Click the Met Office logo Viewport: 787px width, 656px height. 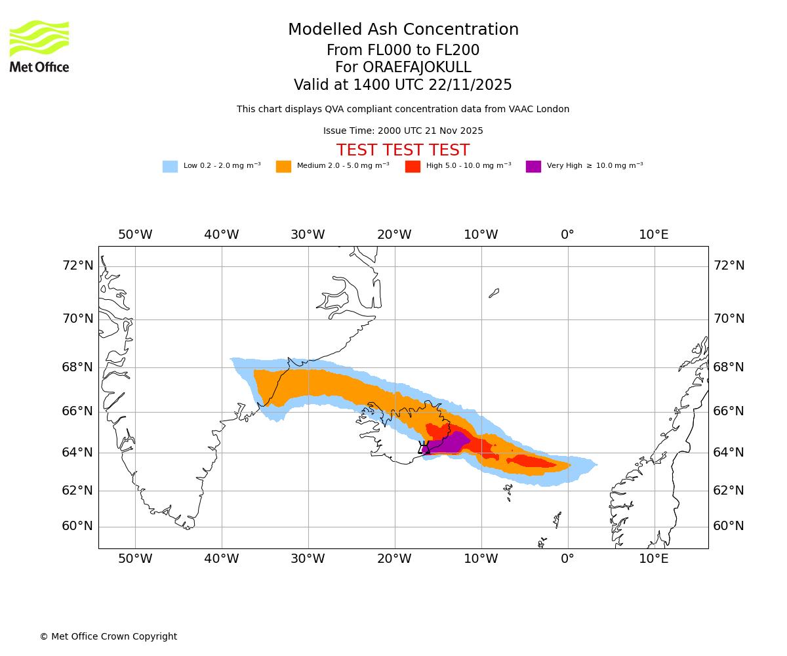pyautogui.click(x=39, y=47)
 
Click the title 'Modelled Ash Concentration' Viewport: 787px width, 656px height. pyautogui.click(x=403, y=30)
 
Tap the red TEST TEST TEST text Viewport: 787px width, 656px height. pyautogui.click(x=403, y=151)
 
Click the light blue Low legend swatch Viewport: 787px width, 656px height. pyautogui.click(x=170, y=167)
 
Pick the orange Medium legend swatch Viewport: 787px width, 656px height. pyautogui.click(x=283, y=167)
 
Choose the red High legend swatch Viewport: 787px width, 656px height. pyautogui.click(x=413, y=167)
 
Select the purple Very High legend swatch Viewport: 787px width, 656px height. pyautogui.click(x=533, y=167)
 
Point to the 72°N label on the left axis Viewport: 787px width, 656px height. pyautogui.click(x=77, y=266)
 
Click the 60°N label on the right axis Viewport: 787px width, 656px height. pyautogui.click(x=729, y=526)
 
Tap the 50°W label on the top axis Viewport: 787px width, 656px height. pyautogui.click(x=135, y=235)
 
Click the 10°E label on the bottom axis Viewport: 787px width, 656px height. pyautogui.click(x=654, y=559)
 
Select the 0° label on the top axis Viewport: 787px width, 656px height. pyautogui.click(x=567, y=235)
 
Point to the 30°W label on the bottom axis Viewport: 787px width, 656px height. pyautogui.click(x=308, y=559)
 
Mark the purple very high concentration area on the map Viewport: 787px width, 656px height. pyautogui.click(x=450, y=443)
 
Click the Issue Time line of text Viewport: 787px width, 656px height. pyautogui.click(x=403, y=131)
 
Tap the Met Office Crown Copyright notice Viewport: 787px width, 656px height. pyautogui.click(x=108, y=636)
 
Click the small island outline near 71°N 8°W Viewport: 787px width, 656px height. pyautogui.click(x=494, y=293)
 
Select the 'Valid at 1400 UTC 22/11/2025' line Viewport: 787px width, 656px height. pyautogui.click(x=403, y=85)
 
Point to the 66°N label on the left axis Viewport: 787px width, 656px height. pyautogui.click(x=77, y=411)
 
